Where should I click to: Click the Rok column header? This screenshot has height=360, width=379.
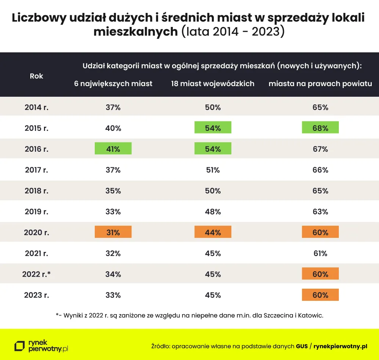(x=36, y=76)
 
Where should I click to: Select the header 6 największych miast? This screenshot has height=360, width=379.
(x=113, y=84)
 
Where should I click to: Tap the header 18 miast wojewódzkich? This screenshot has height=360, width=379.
(x=213, y=84)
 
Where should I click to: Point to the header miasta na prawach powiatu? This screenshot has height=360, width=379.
(x=320, y=84)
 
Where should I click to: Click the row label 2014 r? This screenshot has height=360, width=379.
(x=36, y=107)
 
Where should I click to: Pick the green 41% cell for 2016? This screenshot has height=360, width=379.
(x=113, y=148)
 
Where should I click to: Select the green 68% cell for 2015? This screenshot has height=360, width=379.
(x=320, y=127)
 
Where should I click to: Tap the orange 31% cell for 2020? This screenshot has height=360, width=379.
(x=113, y=232)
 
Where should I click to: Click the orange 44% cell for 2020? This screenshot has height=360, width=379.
(x=213, y=232)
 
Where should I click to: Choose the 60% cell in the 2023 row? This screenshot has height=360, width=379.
(x=320, y=295)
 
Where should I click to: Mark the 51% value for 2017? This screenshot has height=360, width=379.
(x=213, y=170)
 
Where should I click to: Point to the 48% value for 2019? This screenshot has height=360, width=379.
(x=213, y=212)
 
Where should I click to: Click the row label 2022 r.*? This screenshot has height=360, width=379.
(x=36, y=274)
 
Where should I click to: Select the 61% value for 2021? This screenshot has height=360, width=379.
(x=320, y=253)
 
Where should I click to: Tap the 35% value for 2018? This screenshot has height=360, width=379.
(x=113, y=191)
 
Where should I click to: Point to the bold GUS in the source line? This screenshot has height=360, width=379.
(x=302, y=346)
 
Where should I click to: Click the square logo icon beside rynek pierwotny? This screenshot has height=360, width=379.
(x=20, y=346)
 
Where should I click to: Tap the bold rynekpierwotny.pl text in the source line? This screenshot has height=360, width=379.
(x=340, y=346)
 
